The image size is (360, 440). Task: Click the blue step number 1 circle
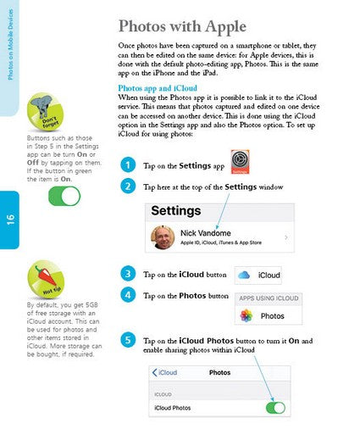point(127,164)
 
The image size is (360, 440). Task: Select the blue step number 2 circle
point(127,186)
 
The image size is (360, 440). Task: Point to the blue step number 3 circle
point(127,274)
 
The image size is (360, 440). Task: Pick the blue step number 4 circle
point(127,295)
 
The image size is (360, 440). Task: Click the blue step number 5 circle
point(127,341)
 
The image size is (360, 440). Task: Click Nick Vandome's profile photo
point(163,238)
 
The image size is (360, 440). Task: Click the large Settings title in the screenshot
point(176,210)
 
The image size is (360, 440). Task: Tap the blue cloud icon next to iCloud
point(243,275)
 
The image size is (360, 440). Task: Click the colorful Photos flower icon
point(246,315)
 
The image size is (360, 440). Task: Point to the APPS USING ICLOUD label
point(268,298)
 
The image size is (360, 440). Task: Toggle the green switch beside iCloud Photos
point(274,408)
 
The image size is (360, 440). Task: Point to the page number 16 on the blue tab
point(11,220)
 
